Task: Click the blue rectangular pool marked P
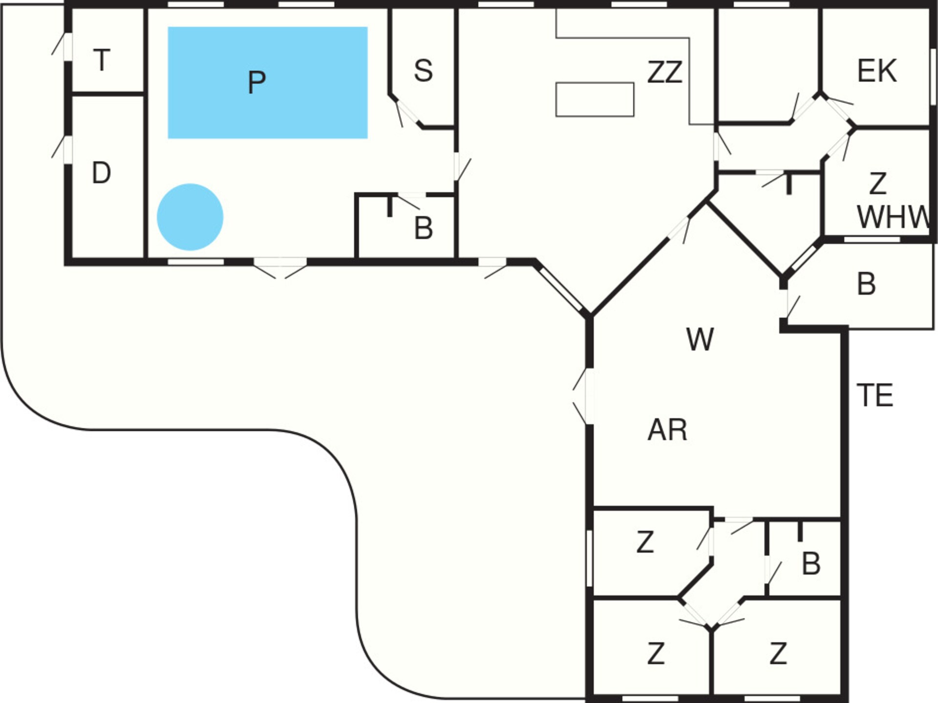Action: tap(268, 83)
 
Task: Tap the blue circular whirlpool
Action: tap(190, 217)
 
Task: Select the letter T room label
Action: tap(102, 60)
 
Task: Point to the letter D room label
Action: tap(102, 172)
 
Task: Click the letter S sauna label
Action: tap(423, 70)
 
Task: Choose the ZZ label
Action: tap(664, 72)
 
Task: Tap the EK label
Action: tap(877, 71)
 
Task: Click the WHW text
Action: tap(894, 217)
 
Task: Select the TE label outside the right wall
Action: tap(875, 395)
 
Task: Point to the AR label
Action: tap(667, 430)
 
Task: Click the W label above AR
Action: tap(700, 339)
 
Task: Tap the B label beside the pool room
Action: tap(423, 227)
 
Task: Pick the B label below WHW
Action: tap(866, 284)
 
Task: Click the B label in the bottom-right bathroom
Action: tap(811, 563)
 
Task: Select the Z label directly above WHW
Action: tap(878, 184)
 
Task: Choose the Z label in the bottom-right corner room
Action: tap(778, 653)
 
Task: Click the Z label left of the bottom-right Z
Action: tap(656, 653)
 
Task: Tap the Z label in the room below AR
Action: tap(645, 542)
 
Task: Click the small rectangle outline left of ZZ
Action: tap(595, 100)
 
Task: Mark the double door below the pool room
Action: tap(280, 268)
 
